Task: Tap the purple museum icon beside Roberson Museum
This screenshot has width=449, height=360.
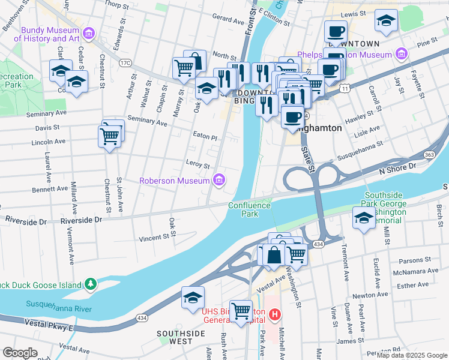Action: [220, 180]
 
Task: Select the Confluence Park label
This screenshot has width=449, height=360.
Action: [250, 209]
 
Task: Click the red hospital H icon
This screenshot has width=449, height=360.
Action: [275, 314]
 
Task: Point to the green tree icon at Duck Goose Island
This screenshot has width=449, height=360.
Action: [90, 283]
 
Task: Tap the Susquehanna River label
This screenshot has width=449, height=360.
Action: [58, 308]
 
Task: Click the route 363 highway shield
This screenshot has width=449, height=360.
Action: [429, 154]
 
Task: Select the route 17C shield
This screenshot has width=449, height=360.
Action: [125, 62]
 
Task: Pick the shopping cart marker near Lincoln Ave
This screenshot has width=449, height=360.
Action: [109, 136]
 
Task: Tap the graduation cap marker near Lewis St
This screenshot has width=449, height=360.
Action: [385, 20]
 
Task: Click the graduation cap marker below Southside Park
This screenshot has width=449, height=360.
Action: [363, 217]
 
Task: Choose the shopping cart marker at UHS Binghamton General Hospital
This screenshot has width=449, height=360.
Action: [241, 311]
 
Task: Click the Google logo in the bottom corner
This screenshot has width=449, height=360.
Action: [20, 353]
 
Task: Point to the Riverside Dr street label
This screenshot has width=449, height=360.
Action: [26, 221]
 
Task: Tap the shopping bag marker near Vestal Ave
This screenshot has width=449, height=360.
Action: [274, 254]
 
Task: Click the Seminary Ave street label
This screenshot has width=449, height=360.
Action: [148, 121]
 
